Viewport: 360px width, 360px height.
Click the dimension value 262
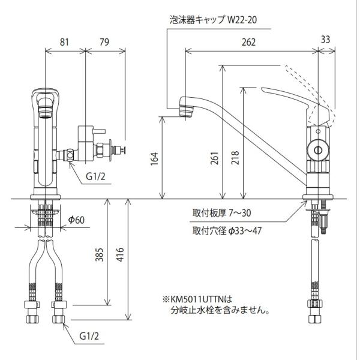[248, 42]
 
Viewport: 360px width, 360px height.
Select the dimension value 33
[325, 40]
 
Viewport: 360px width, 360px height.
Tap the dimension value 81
[64, 42]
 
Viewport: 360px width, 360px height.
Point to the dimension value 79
[104, 42]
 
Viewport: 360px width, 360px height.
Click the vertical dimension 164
[155, 158]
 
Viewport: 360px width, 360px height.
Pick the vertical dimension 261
[215, 158]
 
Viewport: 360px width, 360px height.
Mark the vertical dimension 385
[100, 254]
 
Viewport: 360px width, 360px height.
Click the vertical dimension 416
[120, 254]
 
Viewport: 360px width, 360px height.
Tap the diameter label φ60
[76, 220]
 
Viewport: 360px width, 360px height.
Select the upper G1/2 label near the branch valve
[95, 176]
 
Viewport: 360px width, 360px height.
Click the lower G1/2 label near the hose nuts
[89, 336]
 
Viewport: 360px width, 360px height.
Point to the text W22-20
[242, 20]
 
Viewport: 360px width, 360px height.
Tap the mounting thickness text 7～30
[240, 213]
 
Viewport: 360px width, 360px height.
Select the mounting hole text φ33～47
[245, 231]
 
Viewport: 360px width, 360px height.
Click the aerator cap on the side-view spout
[186, 111]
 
